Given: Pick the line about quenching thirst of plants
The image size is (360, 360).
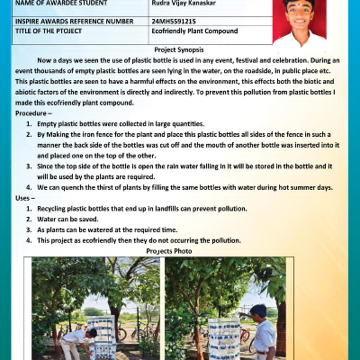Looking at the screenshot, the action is [x=185, y=187].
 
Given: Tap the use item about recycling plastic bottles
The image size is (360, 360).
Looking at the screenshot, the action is [x=141, y=208].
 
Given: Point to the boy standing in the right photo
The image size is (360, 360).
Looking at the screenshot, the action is [x=264, y=331].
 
